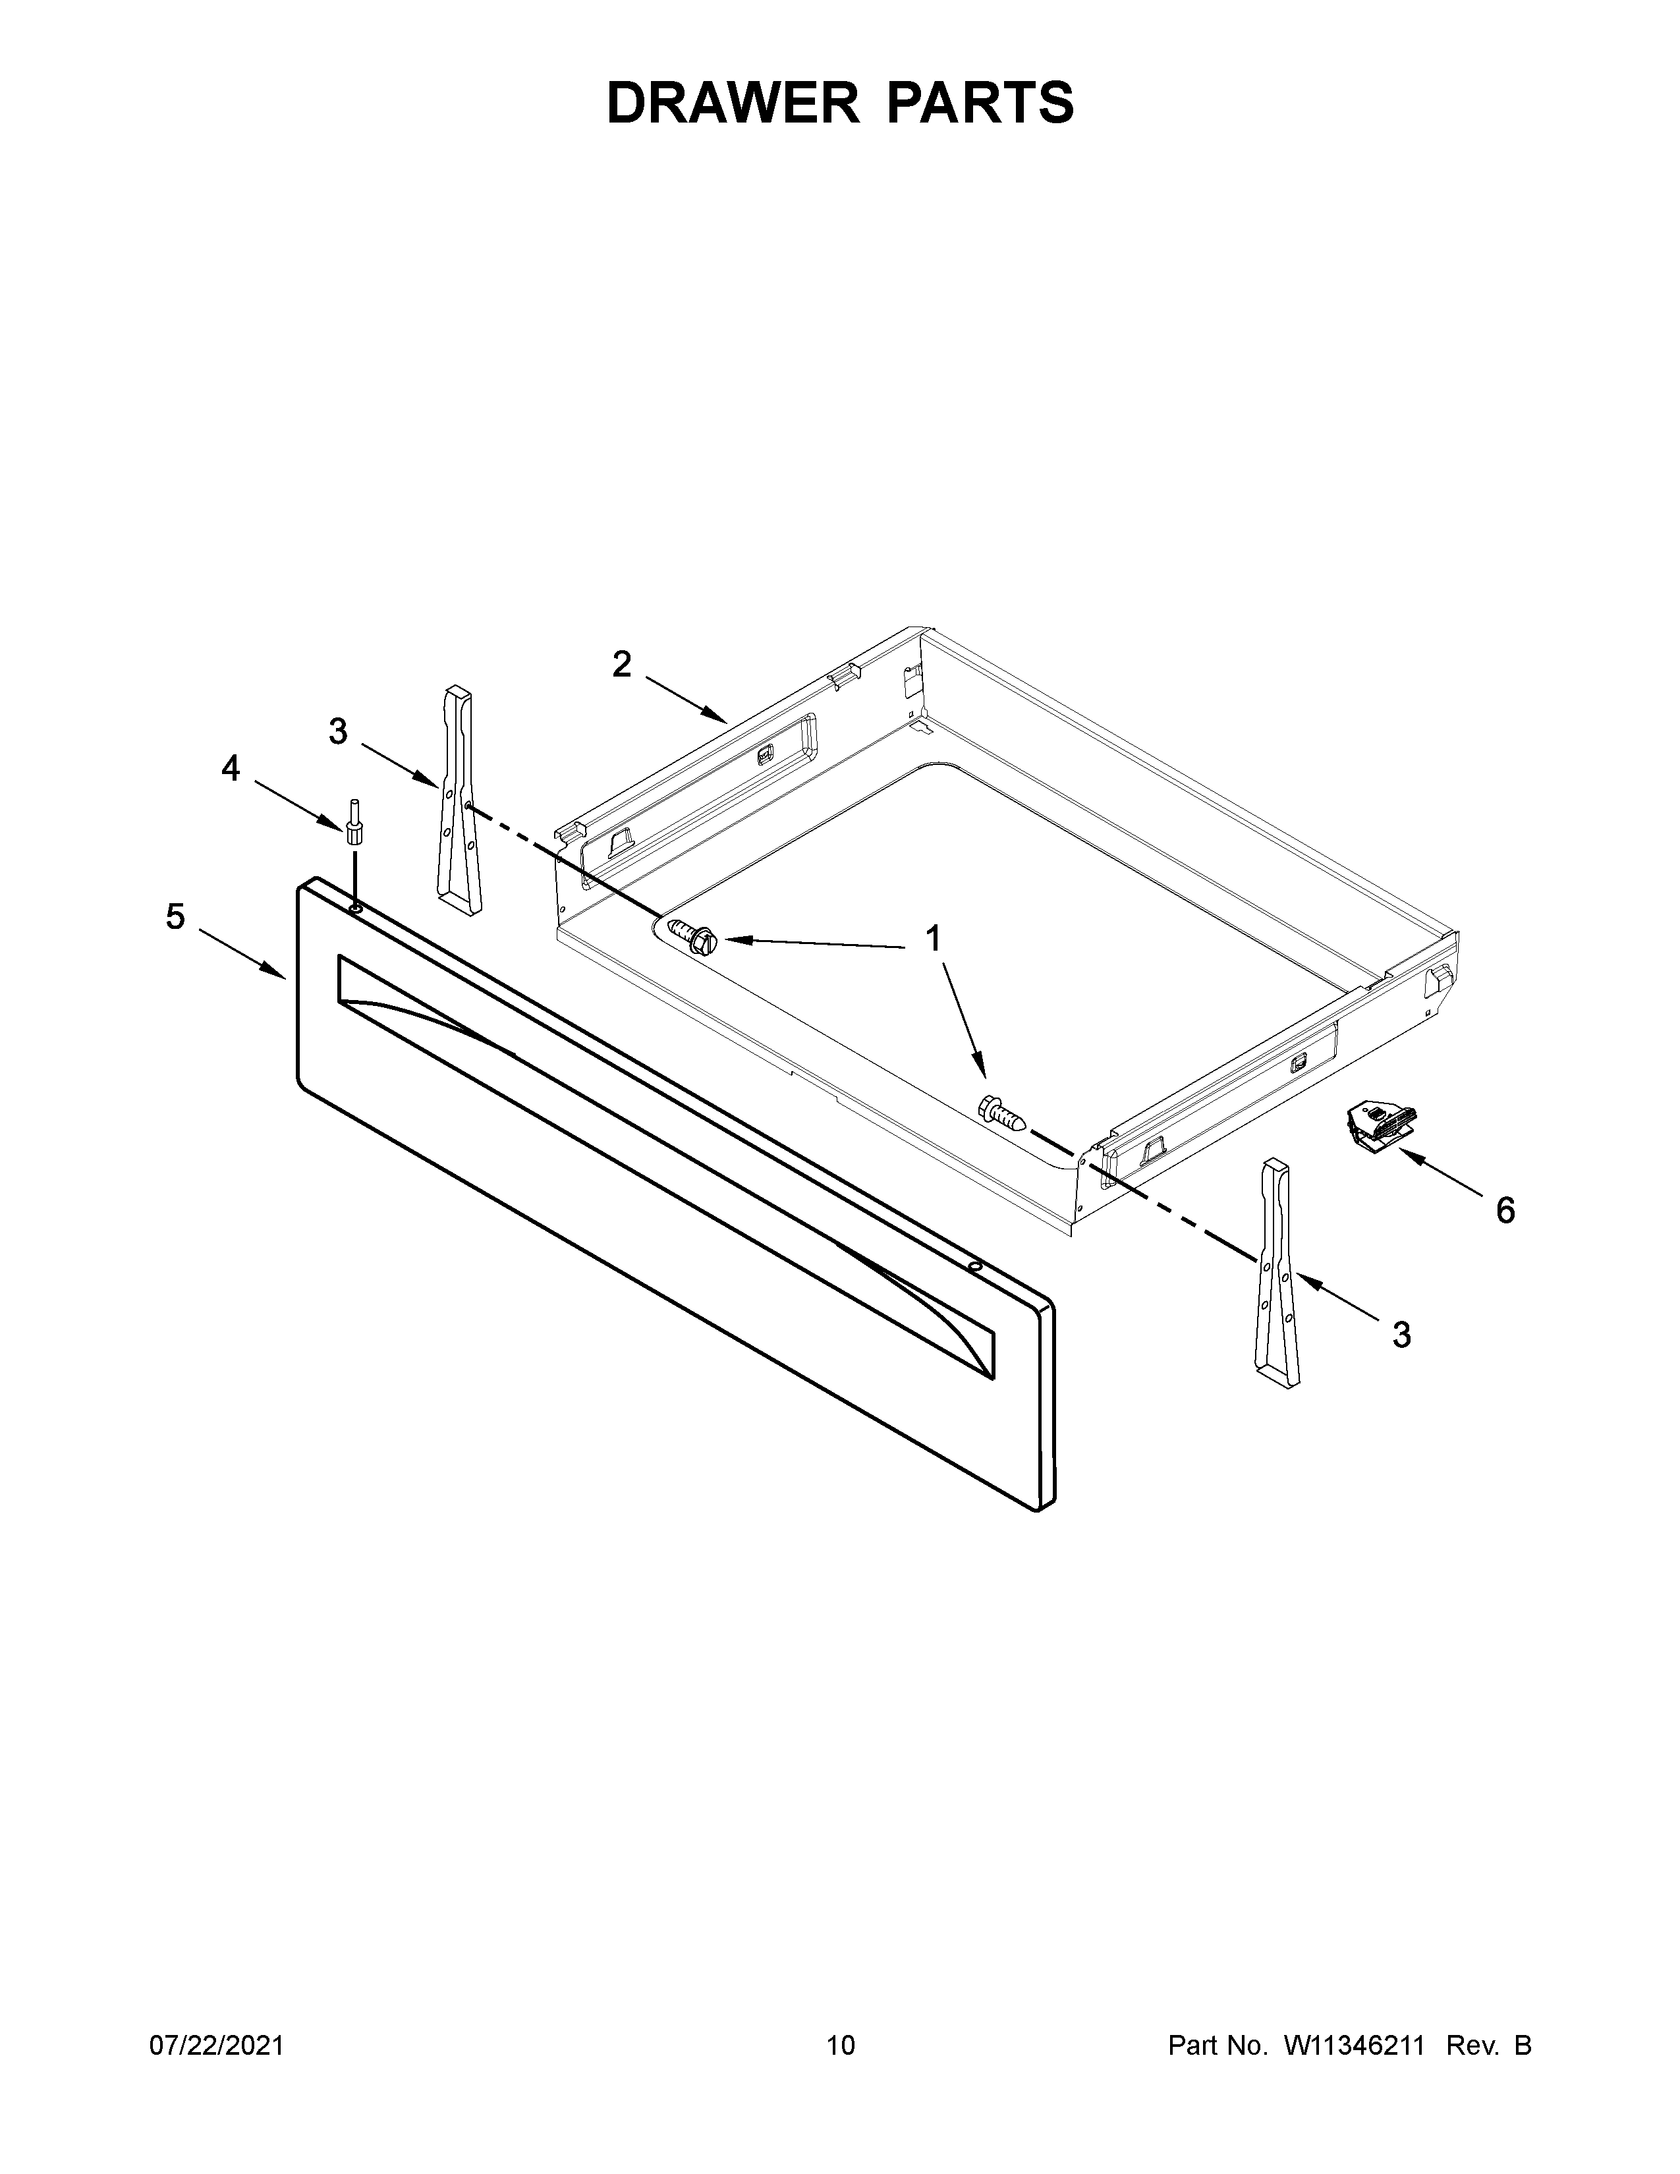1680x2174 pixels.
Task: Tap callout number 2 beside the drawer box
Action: pos(622,664)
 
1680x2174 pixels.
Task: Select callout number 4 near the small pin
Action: pos(231,767)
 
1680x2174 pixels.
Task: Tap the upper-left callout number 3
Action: pos(339,732)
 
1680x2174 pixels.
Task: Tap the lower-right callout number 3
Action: pos(1401,1335)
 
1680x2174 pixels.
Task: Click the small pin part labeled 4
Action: pos(353,822)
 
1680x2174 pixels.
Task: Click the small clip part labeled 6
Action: pos(1378,1125)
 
